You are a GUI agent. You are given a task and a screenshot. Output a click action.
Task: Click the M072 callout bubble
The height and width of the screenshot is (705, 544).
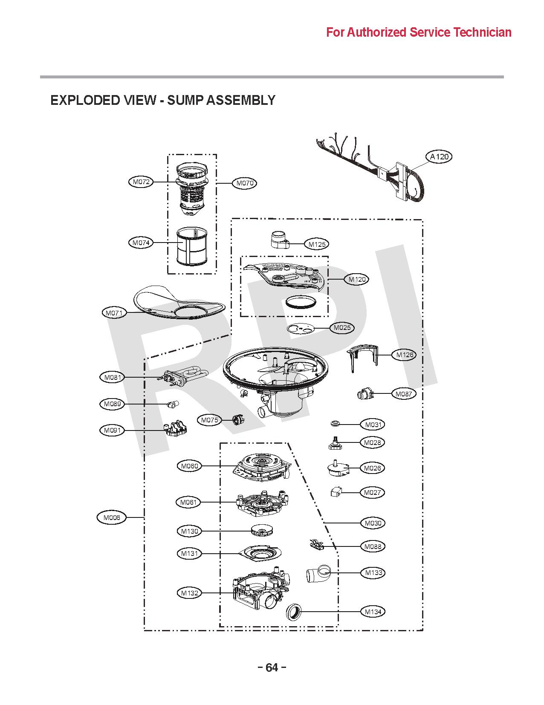tap(141, 182)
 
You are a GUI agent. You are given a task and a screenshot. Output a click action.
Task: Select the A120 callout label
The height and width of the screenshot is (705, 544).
tap(439, 156)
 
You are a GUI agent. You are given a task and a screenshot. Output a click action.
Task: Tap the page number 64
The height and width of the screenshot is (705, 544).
tap(272, 667)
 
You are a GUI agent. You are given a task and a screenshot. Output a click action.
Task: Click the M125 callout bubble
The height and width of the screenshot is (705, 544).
tap(317, 244)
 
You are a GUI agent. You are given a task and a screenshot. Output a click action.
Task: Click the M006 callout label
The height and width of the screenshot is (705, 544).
tap(112, 517)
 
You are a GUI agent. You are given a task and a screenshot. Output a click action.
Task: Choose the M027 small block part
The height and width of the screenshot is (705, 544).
tap(336, 492)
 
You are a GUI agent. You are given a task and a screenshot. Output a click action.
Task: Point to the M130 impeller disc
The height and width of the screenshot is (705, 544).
tap(261, 531)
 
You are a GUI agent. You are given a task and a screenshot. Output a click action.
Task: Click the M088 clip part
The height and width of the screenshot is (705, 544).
tap(315, 544)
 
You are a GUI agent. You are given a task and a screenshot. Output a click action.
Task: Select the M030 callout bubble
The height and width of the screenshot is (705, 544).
tap(373, 523)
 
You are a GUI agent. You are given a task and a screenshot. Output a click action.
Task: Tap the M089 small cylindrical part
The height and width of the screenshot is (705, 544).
tap(173, 404)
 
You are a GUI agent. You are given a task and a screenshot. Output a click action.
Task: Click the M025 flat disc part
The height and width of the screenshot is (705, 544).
tap(300, 329)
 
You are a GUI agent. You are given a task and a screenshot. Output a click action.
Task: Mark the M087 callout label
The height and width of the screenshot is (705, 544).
tap(403, 394)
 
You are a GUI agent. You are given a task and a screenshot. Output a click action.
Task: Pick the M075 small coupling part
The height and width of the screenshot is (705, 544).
tap(238, 419)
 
